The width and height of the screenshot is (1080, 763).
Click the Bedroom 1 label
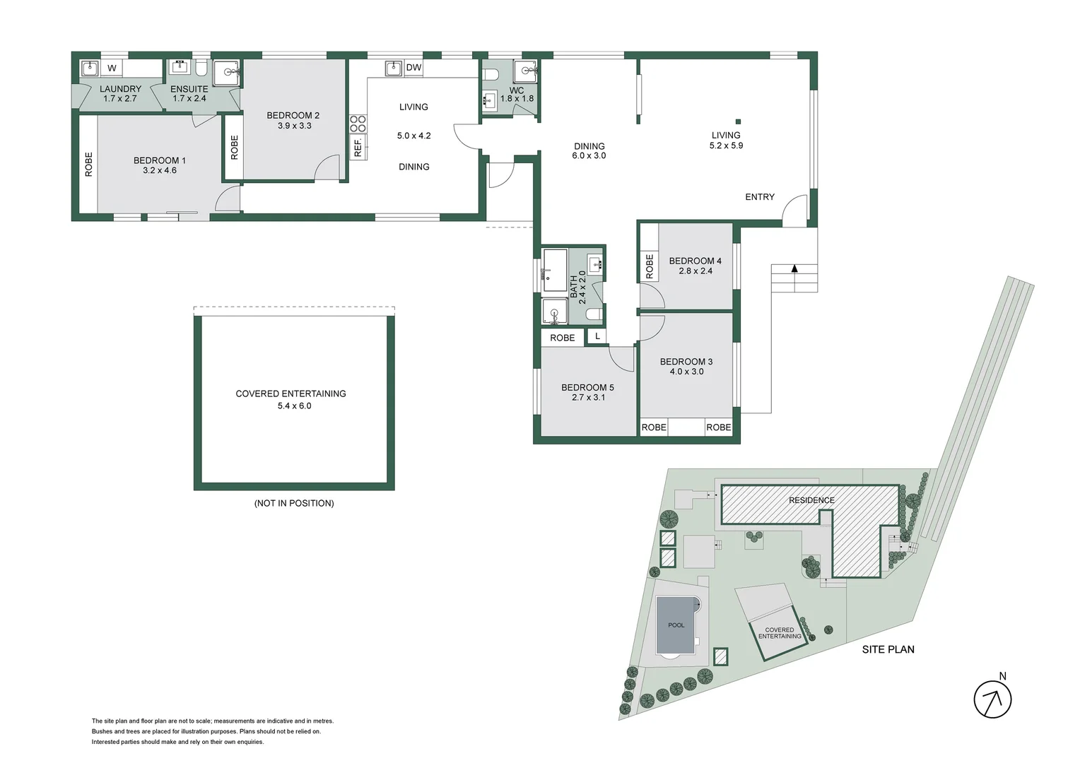[x=159, y=161]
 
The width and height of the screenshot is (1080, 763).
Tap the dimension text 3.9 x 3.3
[x=294, y=126]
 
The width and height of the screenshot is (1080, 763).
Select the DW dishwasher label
[x=413, y=68]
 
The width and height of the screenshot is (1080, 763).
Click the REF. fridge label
[x=358, y=148]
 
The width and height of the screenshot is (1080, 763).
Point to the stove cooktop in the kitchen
[x=358, y=124]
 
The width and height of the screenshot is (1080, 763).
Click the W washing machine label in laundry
[x=112, y=69]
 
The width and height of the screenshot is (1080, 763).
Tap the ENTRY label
[x=759, y=197]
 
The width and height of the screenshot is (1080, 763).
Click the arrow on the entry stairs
[x=794, y=268]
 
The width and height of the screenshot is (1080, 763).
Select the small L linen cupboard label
[x=597, y=336]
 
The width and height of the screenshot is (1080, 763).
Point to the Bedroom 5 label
[x=587, y=387]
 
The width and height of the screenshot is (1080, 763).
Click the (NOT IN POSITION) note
[x=294, y=503]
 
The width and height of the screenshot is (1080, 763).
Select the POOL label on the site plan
[x=676, y=625]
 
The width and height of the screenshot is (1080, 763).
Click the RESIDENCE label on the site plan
[x=811, y=500]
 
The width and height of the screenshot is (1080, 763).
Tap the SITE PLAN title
[x=888, y=649]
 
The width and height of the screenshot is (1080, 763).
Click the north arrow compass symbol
[x=992, y=699]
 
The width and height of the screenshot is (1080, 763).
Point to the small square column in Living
[x=737, y=121]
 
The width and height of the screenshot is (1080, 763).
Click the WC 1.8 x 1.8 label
[x=517, y=95]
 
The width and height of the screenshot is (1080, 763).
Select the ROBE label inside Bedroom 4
[x=649, y=266]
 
